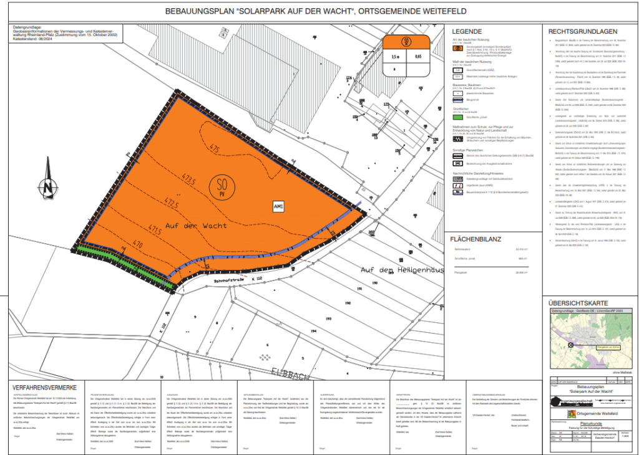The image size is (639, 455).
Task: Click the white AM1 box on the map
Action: click(278, 206)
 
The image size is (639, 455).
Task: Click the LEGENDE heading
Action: click(467, 31)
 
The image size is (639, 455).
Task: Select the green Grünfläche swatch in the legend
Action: click(457, 116)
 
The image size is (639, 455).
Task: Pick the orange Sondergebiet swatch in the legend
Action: click(457, 47)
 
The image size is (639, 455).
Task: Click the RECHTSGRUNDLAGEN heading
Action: click(583, 31)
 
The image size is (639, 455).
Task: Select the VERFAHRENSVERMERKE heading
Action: click(44, 387)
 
